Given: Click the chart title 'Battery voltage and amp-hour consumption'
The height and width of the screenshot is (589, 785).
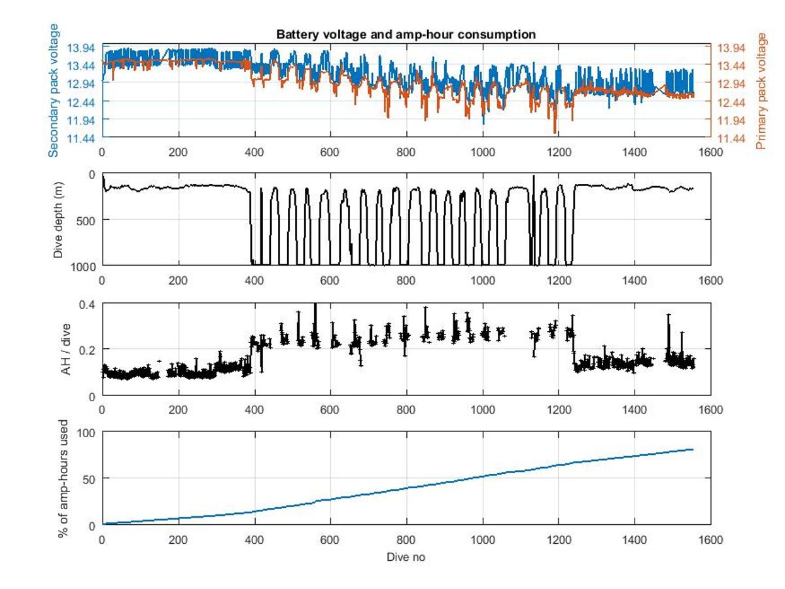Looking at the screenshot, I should click(406, 35).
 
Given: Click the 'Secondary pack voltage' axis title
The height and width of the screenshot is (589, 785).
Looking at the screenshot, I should click(54, 90).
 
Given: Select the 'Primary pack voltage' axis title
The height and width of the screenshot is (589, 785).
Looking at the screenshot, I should click(761, 90).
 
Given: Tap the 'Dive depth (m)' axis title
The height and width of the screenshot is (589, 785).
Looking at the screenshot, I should click(58, 220).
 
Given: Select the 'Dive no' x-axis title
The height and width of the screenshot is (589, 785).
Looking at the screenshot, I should click(406, 557).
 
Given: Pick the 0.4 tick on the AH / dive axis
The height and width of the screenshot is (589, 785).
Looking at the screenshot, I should click(88, 304).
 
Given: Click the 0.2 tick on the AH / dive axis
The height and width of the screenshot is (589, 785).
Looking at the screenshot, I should click(88, 349).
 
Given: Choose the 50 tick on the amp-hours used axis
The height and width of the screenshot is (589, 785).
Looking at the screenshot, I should click(88, 478).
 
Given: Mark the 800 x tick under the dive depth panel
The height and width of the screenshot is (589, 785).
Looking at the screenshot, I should click(406, 280).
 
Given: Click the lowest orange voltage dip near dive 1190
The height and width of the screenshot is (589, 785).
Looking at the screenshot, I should click(555, 132).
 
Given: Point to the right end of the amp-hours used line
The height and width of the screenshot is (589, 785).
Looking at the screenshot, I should click(693, 450).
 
